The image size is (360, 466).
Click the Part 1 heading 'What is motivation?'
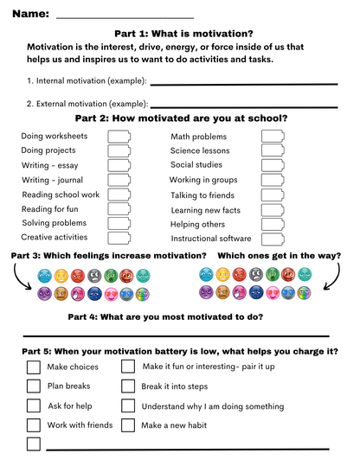pyautogui.click(x=181, y=33)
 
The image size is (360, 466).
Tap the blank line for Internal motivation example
pyautogui.click(x=243, y=84)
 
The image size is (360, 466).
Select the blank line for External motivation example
pyautogui.click(x=244, y=106)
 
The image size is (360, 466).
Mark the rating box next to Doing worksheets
pyautogui.click(x=119, y=137)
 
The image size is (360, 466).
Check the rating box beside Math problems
pyautogui.click(x=272, y=137)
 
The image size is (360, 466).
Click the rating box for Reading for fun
pyautogui.click(x=119, y=209)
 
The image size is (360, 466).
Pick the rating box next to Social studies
pyautogui.click(x=272, y=165)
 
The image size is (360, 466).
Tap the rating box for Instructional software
pyautogui.click(x=272, y=238)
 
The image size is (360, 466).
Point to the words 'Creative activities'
pyautogui.click(x=54, y=237)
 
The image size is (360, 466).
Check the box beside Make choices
pyautogui.click(x=34, y=367)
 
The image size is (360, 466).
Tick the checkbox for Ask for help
pyautogui.click(x=34, y=405)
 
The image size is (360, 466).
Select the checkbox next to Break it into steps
pyautogui.click(x=128, y=386)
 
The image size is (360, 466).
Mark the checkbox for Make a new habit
pyautogui.click(x=128, y=425)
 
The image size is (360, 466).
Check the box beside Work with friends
pyautogui.click(x=34, y=425)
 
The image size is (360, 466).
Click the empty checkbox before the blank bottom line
pyautogui.click(x=34, y=444)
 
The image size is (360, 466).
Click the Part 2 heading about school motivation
pyautogui.click(x=181, y=119)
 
